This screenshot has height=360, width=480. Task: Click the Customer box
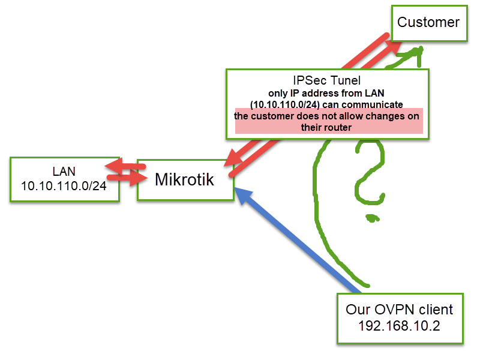[428, 23]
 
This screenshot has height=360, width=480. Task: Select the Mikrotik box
[184, 179]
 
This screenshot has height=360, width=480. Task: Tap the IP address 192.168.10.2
[399, 326]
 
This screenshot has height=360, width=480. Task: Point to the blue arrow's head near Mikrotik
[241, 194]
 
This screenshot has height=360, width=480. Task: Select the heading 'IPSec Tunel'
[327, 80]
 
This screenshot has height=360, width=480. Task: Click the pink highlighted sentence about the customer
[327, 121]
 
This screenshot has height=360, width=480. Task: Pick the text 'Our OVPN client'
[399, 310]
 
